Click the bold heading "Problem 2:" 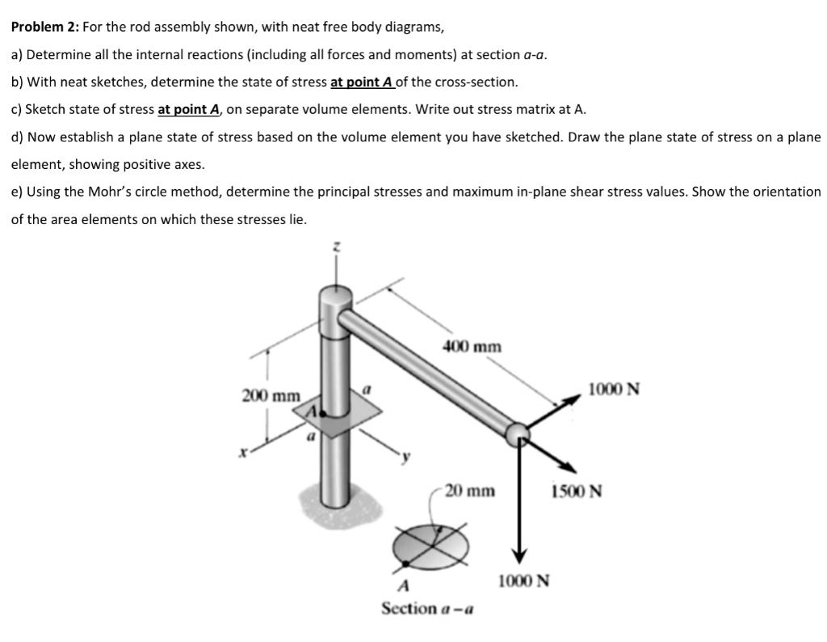[x=45, y=27]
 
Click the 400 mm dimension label [x=472, y=347]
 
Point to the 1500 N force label [x=576, y=491]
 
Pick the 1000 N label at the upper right [x=613, y=389]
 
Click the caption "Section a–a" [x=427, y=608]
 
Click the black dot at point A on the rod [x=324, y=412]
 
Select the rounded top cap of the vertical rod [x=336, y=300]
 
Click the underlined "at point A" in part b [x=362, y=82]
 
